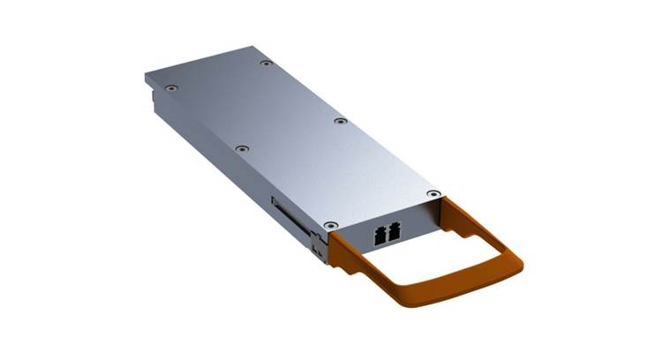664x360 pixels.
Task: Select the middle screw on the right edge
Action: [x=339, y=121]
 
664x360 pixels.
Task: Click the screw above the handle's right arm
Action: [x=432, y=193]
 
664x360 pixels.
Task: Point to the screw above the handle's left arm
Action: [x=330, y=226]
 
